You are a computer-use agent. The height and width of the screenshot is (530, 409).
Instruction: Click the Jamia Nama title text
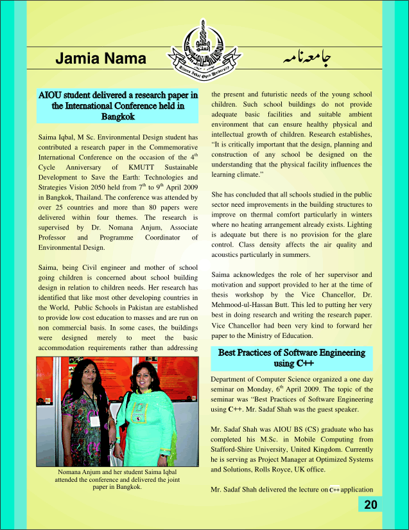[x=101, y=59]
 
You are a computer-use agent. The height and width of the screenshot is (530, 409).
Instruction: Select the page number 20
[x=370, y=504]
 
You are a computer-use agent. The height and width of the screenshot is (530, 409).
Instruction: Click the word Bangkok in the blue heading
[x=117, y=117]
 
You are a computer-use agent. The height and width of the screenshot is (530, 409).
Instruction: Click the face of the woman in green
[x=143, y=376]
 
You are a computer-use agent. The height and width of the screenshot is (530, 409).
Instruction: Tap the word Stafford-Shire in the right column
[x=234, y=449]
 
